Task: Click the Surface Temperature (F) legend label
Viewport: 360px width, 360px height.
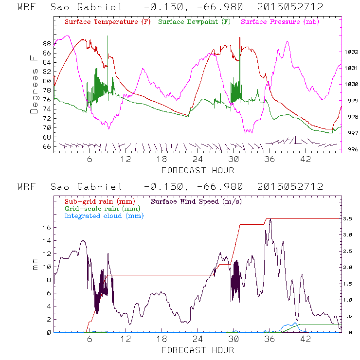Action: [107, 22]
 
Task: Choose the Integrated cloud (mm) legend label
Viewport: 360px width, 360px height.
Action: [104, 216]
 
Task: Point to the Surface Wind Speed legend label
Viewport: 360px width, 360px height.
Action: [197, 201]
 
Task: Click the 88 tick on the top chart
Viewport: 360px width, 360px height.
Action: [47, 43]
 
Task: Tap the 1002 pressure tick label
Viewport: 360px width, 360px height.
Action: [351, 52]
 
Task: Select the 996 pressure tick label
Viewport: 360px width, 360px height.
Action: [351, 149]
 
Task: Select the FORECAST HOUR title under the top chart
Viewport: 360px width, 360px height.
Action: [198, 170]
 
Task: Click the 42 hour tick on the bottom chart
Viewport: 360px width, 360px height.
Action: [306, 339]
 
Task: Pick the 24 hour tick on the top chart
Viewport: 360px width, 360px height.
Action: [198, 159]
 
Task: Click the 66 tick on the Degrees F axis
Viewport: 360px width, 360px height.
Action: [47, 146]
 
